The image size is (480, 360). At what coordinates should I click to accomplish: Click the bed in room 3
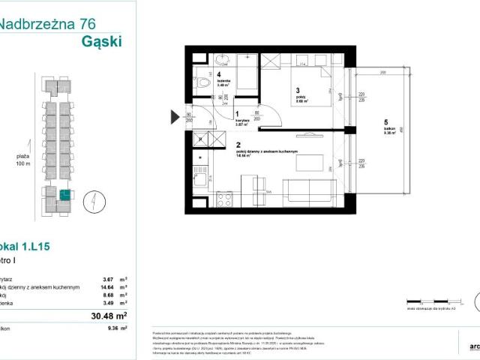point(307,79)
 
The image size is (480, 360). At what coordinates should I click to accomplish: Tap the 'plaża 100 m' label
point(22,160)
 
